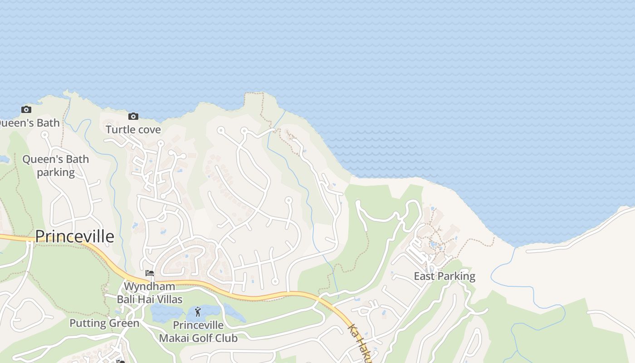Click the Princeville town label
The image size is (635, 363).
click(74, 237)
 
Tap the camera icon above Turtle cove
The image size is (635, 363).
click(133, 116)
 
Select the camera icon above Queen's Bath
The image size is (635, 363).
click(26, 109)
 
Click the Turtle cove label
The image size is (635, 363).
click(133, 130)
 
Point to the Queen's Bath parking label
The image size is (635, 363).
click(55, 166)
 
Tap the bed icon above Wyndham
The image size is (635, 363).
click(149, 273)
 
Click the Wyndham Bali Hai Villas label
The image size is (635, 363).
click(150, 293)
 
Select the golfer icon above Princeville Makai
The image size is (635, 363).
click(198, 312)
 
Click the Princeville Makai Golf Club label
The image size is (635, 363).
click(198, 332)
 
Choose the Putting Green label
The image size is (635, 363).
click(104, 324)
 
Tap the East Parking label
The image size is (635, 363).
click(444, 276)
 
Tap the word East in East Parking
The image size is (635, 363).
click(424, 276)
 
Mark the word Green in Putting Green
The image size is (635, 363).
click(124, 324)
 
